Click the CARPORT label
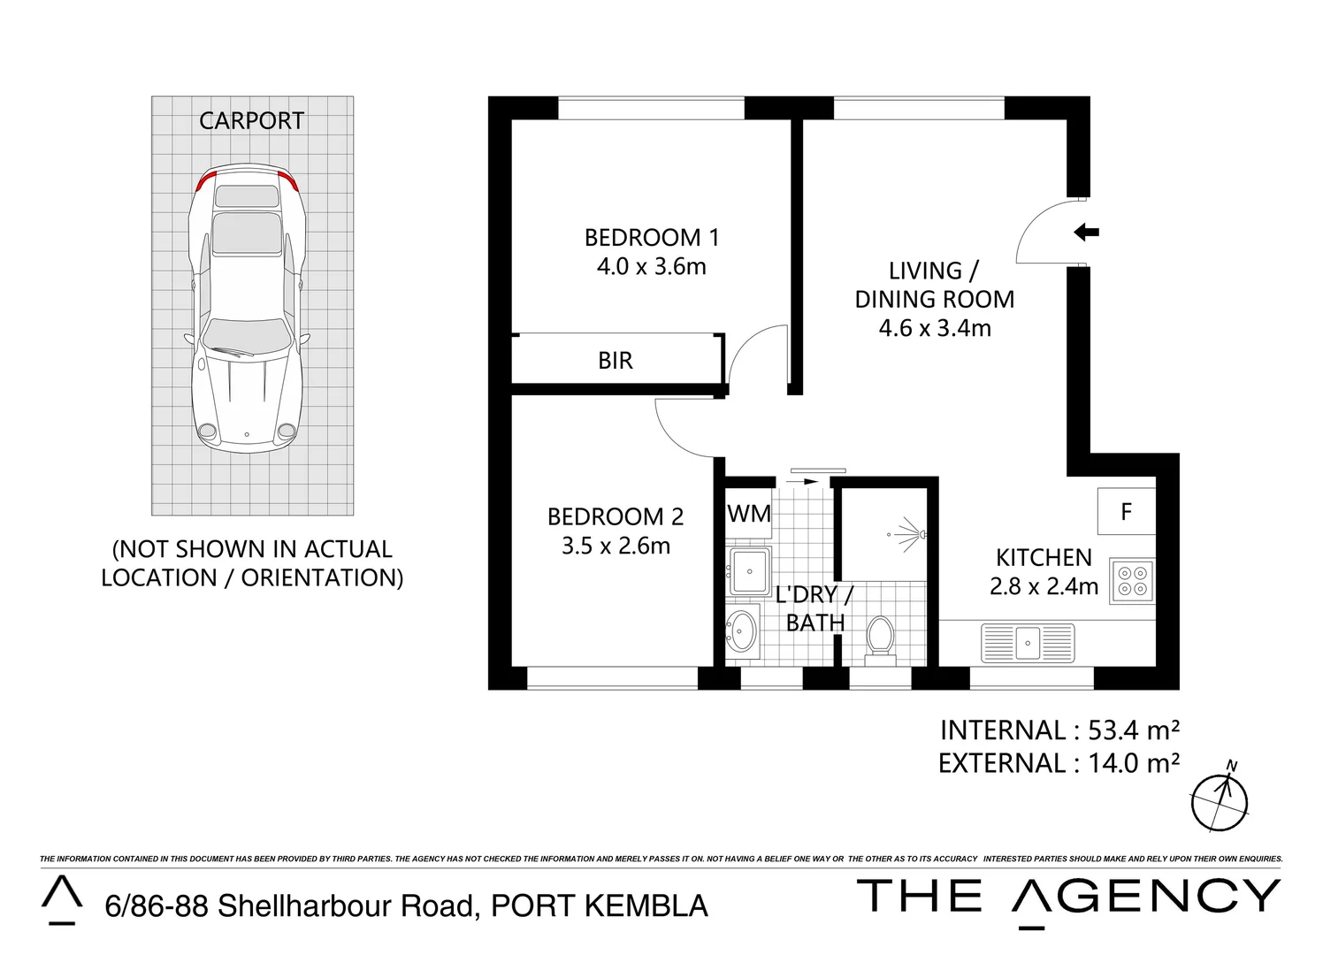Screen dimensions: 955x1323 pyautogui.click(x=251, y=121)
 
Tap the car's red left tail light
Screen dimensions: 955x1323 pyautogui.click(x=205, y=182)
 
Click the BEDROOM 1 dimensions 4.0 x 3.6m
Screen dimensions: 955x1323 pyautogui.click(x=651, y=267)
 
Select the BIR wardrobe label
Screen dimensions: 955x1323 pyautogui.click(x=616, y=361)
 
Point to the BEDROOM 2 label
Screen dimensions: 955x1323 pyautogui.click(x=616, y=516)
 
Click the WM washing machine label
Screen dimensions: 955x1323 pyautogui.click(x=749, y=514)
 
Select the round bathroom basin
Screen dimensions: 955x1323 pyautogui.click(x=742, y=630)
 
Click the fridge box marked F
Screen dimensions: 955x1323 pyautogui.click(x=1126, y=512)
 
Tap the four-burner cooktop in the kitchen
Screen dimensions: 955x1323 pyautogui.click(x=1132, y=581)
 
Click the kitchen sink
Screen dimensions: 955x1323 pyautogui.click(x=1028, y=642)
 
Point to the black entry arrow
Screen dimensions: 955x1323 pyautogui.click(x=1086, y=233)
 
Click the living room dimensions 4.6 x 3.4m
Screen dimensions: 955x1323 pyautogui.click(x=935, y=329)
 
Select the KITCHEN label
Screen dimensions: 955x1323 pyautogui.click(x=1044, y=558)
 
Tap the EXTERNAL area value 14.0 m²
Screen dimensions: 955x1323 pyautogui.click(x=1133, y=763)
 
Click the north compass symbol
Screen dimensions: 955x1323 pyautogui.click(x=1220, y=800)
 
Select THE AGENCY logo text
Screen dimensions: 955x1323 pyautogui.click(x=1068, y=897)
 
